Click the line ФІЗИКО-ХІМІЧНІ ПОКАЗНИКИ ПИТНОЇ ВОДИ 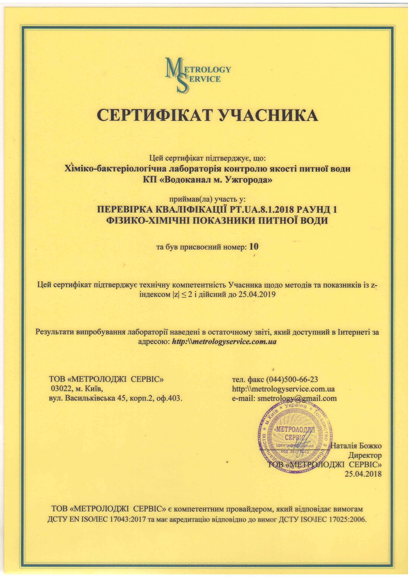[217, 220]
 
